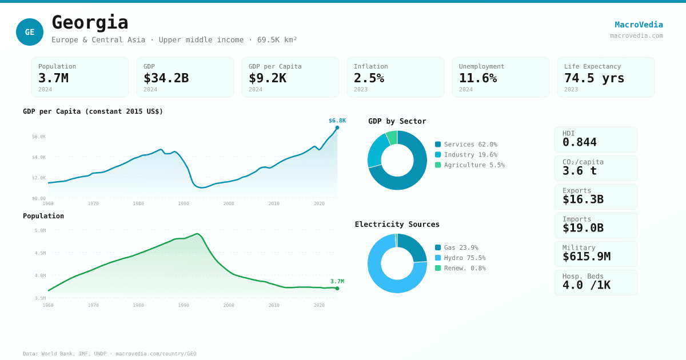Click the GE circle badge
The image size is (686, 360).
[30, 32]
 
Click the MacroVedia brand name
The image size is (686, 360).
[639, 25]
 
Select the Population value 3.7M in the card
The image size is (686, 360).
[53, 78]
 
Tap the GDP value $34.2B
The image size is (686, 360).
[166, 78]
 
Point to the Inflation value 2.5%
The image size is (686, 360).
[369, 78]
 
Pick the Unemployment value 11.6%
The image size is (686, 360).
[478, 78]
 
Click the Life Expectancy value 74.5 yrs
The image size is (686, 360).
[594, 78]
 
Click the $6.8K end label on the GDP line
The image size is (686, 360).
[337, 121]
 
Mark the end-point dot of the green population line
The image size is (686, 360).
[337, 289]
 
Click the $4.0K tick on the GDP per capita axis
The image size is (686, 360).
[39, 157]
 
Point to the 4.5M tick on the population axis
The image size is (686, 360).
[40, 253]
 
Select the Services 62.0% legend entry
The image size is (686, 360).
[466, 145]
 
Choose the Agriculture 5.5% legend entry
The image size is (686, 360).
[469, 165]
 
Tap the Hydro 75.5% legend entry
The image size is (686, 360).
[460, 258]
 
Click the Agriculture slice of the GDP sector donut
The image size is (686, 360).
[392, 137]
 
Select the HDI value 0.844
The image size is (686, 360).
[579, 142]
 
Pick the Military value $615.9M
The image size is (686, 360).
[586, 257]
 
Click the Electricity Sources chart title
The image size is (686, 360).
[397, 225]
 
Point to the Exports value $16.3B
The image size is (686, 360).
[583, 199]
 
